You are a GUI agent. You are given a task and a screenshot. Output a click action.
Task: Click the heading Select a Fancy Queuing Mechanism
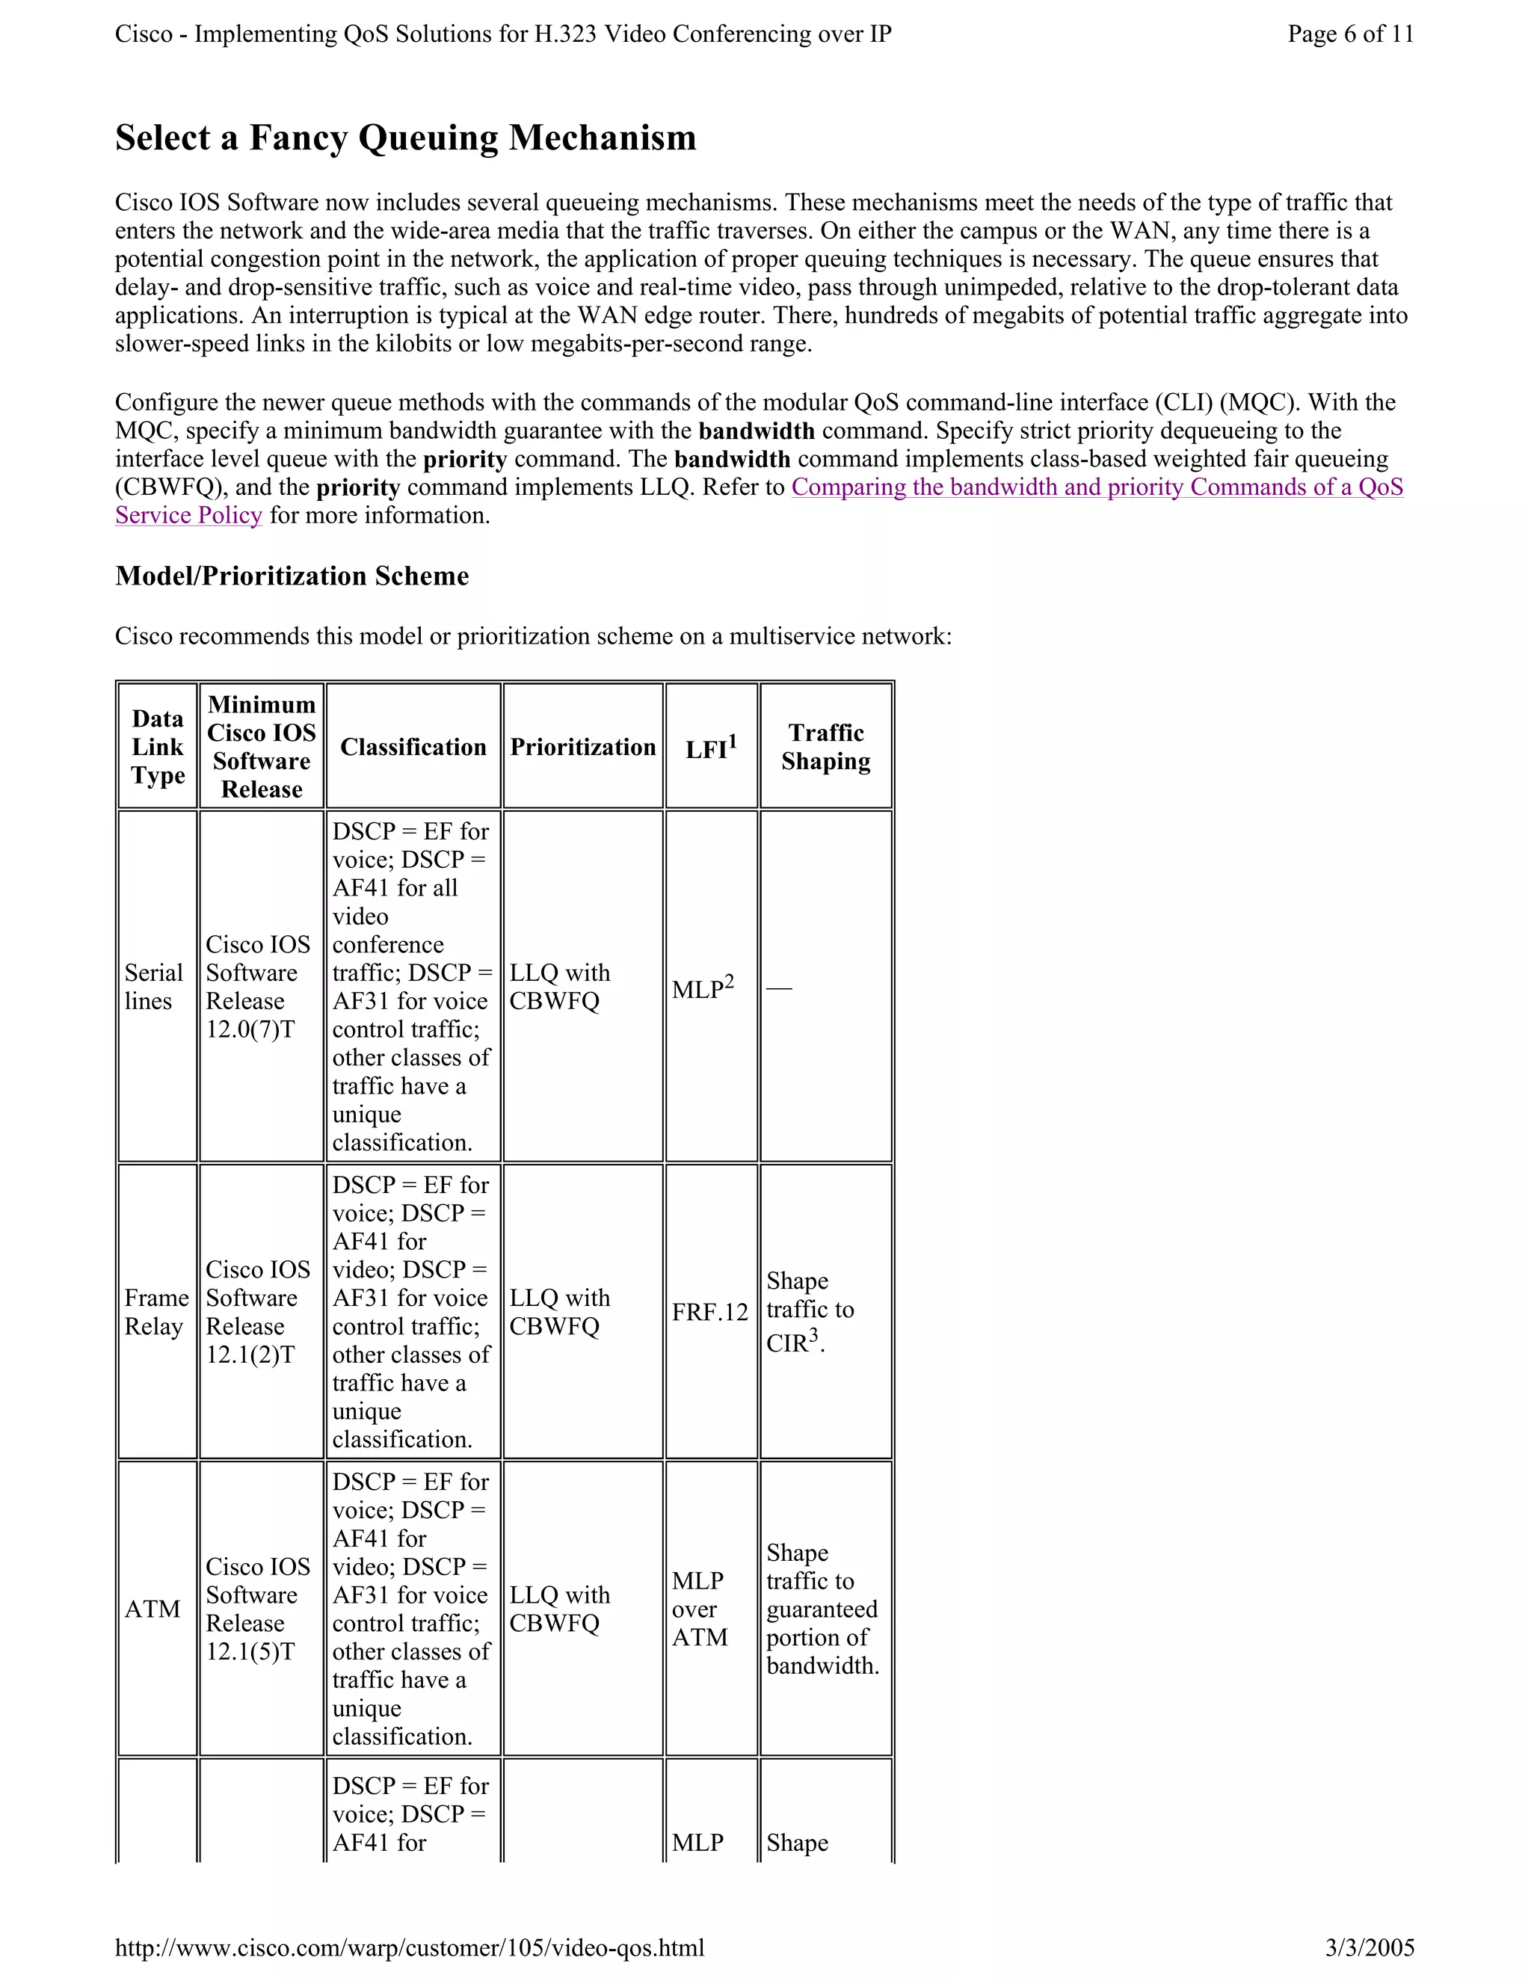[405, 138]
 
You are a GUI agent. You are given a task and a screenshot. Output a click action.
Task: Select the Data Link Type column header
[158, 747]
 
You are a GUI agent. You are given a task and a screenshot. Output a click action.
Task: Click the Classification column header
[413, 747]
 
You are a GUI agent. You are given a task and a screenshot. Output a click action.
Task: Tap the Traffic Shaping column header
[825, 747]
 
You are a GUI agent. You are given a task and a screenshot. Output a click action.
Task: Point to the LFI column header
[710, 748]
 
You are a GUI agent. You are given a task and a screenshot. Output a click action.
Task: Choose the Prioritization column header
[582, 747]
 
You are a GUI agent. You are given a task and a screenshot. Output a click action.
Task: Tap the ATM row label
[153, 1608]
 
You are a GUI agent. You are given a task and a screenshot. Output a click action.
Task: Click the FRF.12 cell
[709, 1313]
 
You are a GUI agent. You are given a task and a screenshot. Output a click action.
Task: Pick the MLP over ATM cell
[699, 1608]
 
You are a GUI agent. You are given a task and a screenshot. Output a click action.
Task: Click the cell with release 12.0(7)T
[258, 987]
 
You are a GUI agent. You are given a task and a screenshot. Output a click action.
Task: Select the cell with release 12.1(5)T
[258, 1608]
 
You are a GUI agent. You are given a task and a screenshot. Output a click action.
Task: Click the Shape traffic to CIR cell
[809, 1312]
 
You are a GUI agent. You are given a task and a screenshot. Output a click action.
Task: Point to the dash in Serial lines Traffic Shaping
[779, 988]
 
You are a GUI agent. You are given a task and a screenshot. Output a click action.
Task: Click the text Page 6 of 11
[1349, 34]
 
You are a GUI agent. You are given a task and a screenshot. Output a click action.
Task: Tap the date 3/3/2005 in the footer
[1370, 1947]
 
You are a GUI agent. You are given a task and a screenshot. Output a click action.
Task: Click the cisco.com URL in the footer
[409, 1947]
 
